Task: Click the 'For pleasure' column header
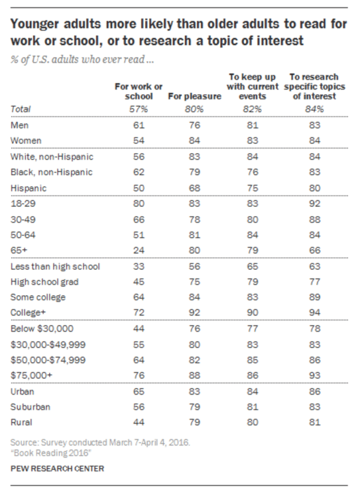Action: click(195, 96)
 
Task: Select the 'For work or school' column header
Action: click(139, 91)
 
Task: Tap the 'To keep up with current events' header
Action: click(253, 86)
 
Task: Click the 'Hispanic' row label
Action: click(29, 188)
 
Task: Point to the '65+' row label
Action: click(19, 250)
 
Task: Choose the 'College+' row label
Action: click(29, 312)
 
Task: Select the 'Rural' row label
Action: click(21, 422)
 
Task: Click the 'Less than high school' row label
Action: click(55, 266)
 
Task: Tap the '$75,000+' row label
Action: click(31, 375)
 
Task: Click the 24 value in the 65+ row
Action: click(139, 250)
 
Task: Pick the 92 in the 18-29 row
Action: click(315, 204)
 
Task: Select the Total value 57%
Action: click(139, 109)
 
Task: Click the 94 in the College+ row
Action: click(315, 312)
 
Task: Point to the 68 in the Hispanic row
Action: click(195, 188)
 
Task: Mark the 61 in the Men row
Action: click(139, 125)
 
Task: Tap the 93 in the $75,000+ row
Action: click(315, 375)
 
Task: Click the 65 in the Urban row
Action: click(139, 391)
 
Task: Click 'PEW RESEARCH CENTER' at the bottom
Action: click(58, 468)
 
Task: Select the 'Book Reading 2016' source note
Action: click(51, 453)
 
